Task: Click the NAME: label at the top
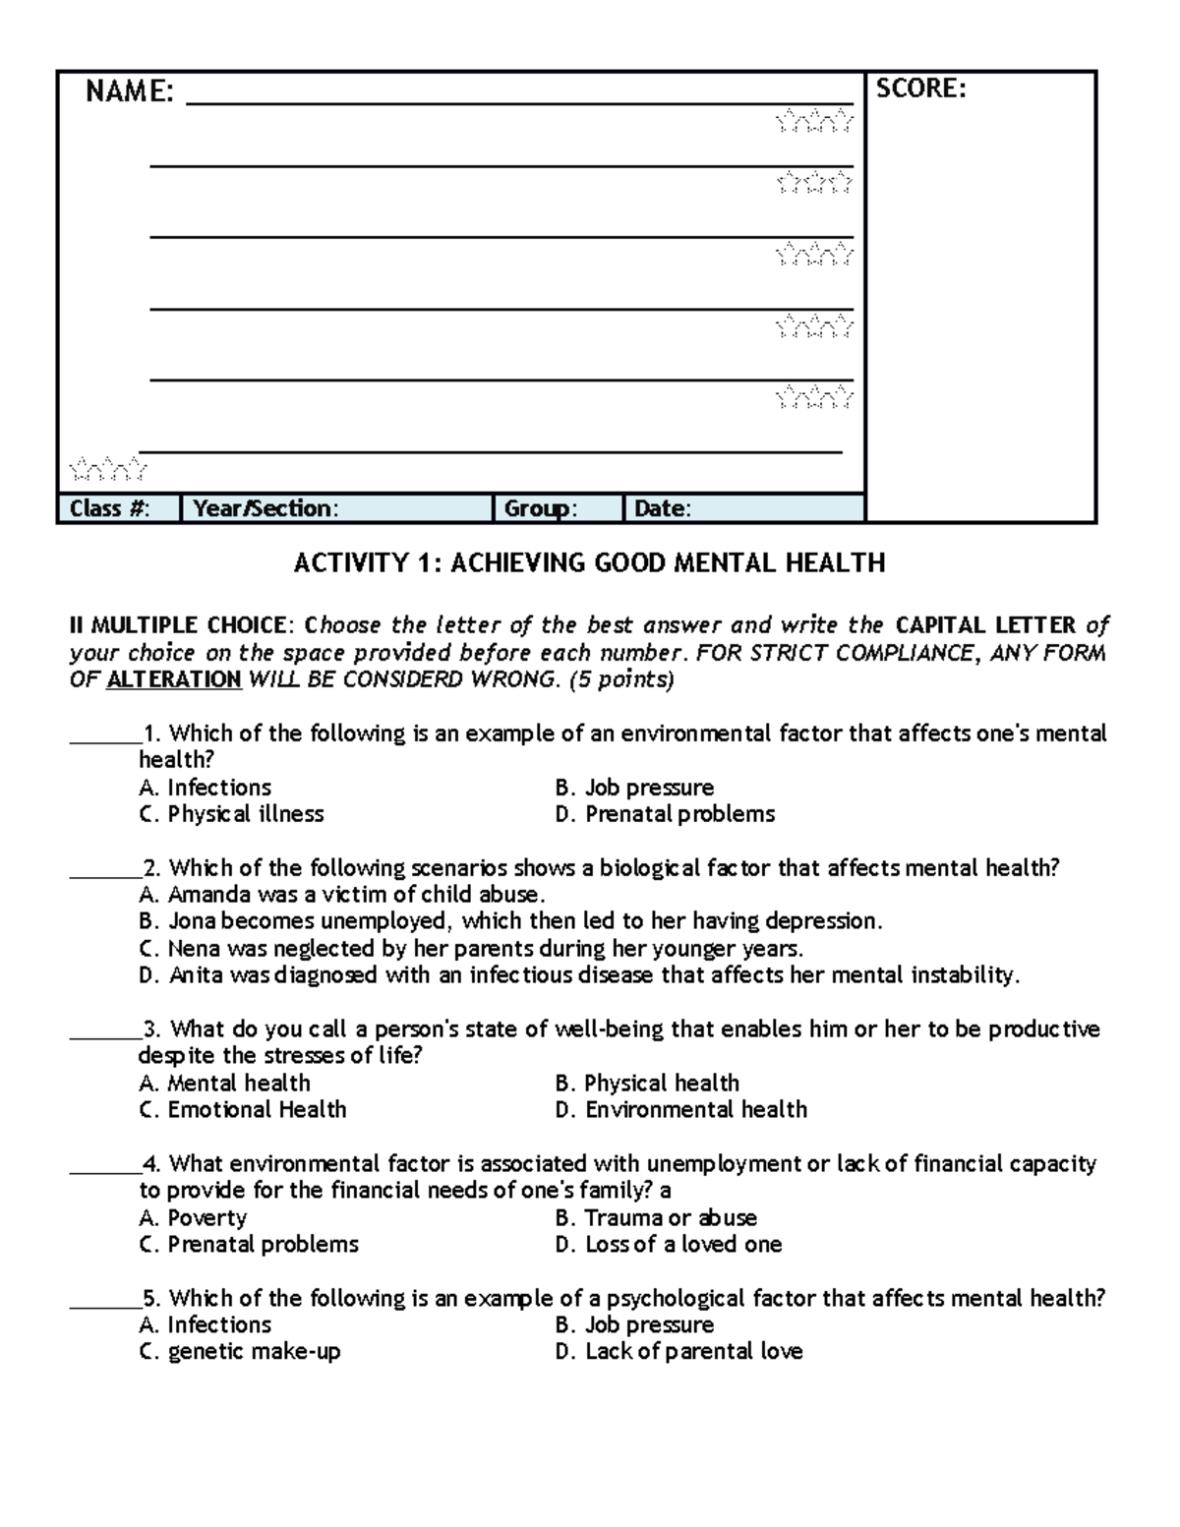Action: coord(130,92)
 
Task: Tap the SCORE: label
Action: coord(920,89)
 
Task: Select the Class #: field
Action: coord(119,508)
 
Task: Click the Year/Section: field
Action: coord(335,508)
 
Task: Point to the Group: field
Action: coord(557,508)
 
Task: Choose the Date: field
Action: coord(742,508)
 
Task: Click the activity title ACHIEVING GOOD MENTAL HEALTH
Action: coord(589,563)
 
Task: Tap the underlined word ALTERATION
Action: coord(173,679)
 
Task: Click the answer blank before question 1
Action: coord(104,735)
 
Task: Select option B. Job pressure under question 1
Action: coord(634,788)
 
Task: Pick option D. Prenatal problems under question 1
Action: coord(665,814)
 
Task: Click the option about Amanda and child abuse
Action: coord(342,895)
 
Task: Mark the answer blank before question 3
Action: coord(104,1030)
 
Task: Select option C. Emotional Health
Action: coord(243,1110)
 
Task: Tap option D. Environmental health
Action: coord(680,1110)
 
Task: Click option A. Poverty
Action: coord(193,1218)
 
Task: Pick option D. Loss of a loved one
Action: coord(668,1245)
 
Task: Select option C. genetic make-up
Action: coord(240,1352)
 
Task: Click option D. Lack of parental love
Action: coord(678,1352)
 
